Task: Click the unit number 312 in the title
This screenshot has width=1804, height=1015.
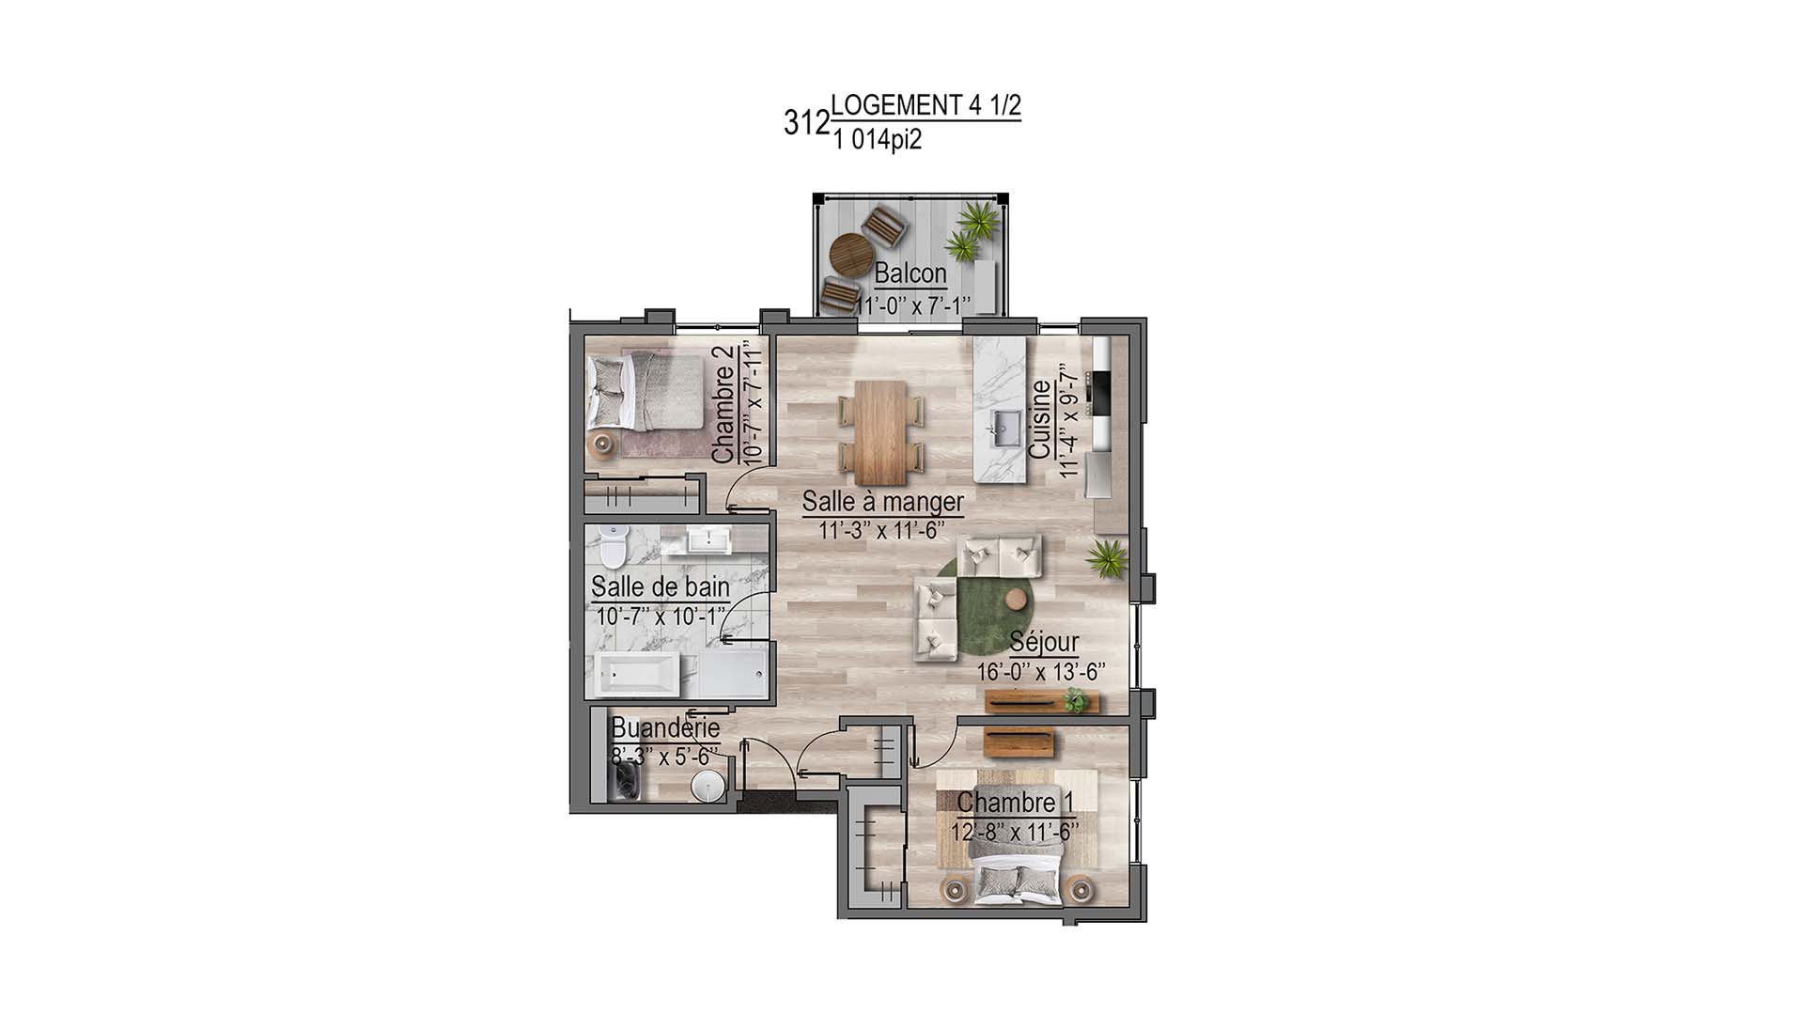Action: coord(806,123)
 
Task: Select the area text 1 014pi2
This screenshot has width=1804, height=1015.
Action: coord(877,141)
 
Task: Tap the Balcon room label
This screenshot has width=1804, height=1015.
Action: coord(910,273)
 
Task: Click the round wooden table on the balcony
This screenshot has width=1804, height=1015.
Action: coord(851,253)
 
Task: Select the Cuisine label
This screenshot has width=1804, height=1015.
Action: coord(1040,419)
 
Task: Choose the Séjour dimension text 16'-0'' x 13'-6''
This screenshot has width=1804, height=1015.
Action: coord(1040,672)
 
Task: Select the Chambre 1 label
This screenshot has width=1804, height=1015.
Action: coord(1015,803)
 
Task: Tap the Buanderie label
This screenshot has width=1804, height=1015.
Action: coord(665,727)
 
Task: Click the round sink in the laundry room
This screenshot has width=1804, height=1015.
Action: coord(708,787)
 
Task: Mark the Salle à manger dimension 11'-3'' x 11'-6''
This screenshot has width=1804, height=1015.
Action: coord(880,531)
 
